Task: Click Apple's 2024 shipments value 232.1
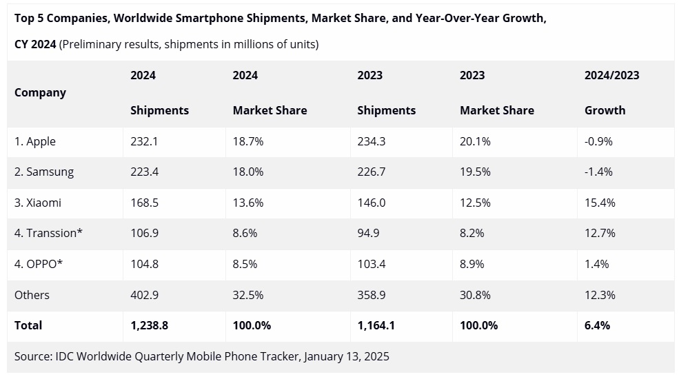pos(144,141)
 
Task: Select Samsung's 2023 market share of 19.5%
pos(475,172)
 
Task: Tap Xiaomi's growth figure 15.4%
pos(600,203)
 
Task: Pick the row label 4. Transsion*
pos(48,233)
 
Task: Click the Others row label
pos(32,295)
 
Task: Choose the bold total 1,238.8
pos(149,325)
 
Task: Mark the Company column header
pos(40,92)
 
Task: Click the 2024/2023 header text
pos(611,75)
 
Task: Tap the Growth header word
pos(605,110)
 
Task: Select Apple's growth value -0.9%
pos(598,141)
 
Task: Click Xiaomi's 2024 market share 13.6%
pos(248,203)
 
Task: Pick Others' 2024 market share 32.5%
pos(248,295)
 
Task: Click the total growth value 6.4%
pos(597,325)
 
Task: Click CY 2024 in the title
pos(35,45)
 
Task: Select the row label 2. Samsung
pos(44,172)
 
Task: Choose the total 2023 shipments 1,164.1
pos(376,325)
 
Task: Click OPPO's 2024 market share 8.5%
pos(245,264)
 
